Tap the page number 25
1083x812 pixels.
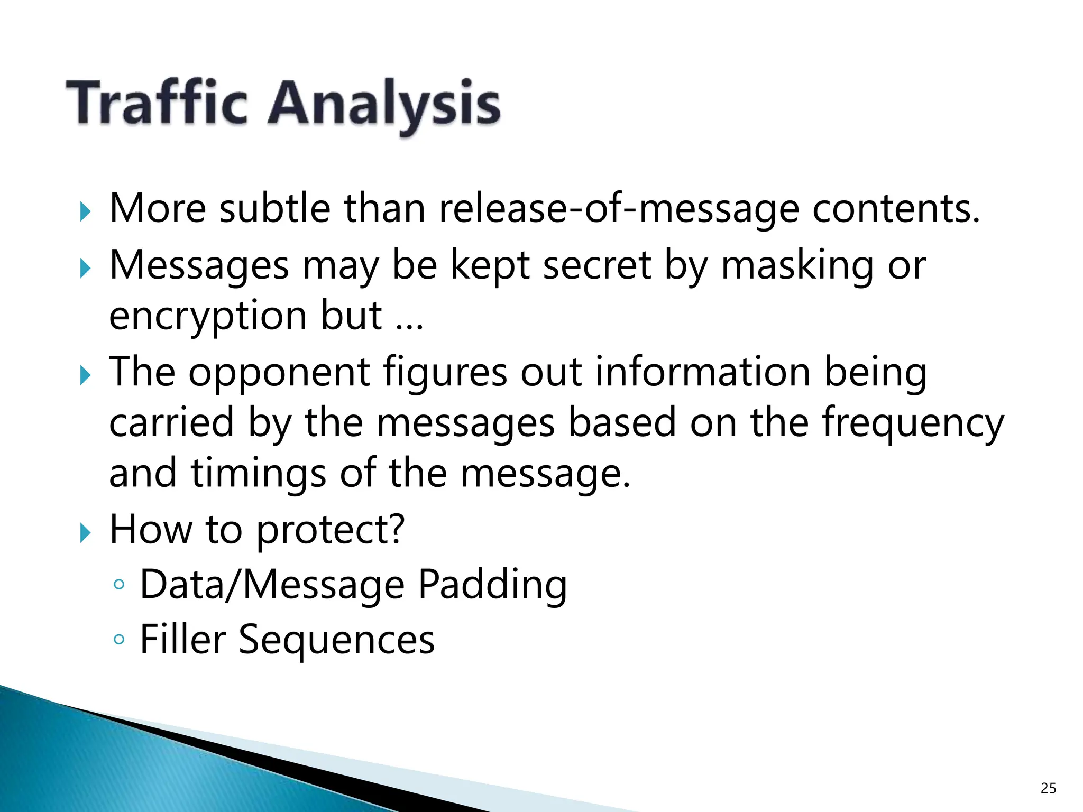pos(1048,788)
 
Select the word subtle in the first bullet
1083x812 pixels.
pos(275,209)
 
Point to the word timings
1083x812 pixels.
pos(258,474)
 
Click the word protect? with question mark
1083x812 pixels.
pos(331,530)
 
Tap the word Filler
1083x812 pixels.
pos(183,639)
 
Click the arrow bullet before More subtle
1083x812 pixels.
pos(85,213)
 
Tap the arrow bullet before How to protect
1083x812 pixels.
pos(85,533)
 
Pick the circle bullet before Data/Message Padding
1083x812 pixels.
pos(119,585)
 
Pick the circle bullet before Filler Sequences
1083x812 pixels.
pos(119,640)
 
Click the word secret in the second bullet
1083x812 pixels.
pos(597,265)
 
